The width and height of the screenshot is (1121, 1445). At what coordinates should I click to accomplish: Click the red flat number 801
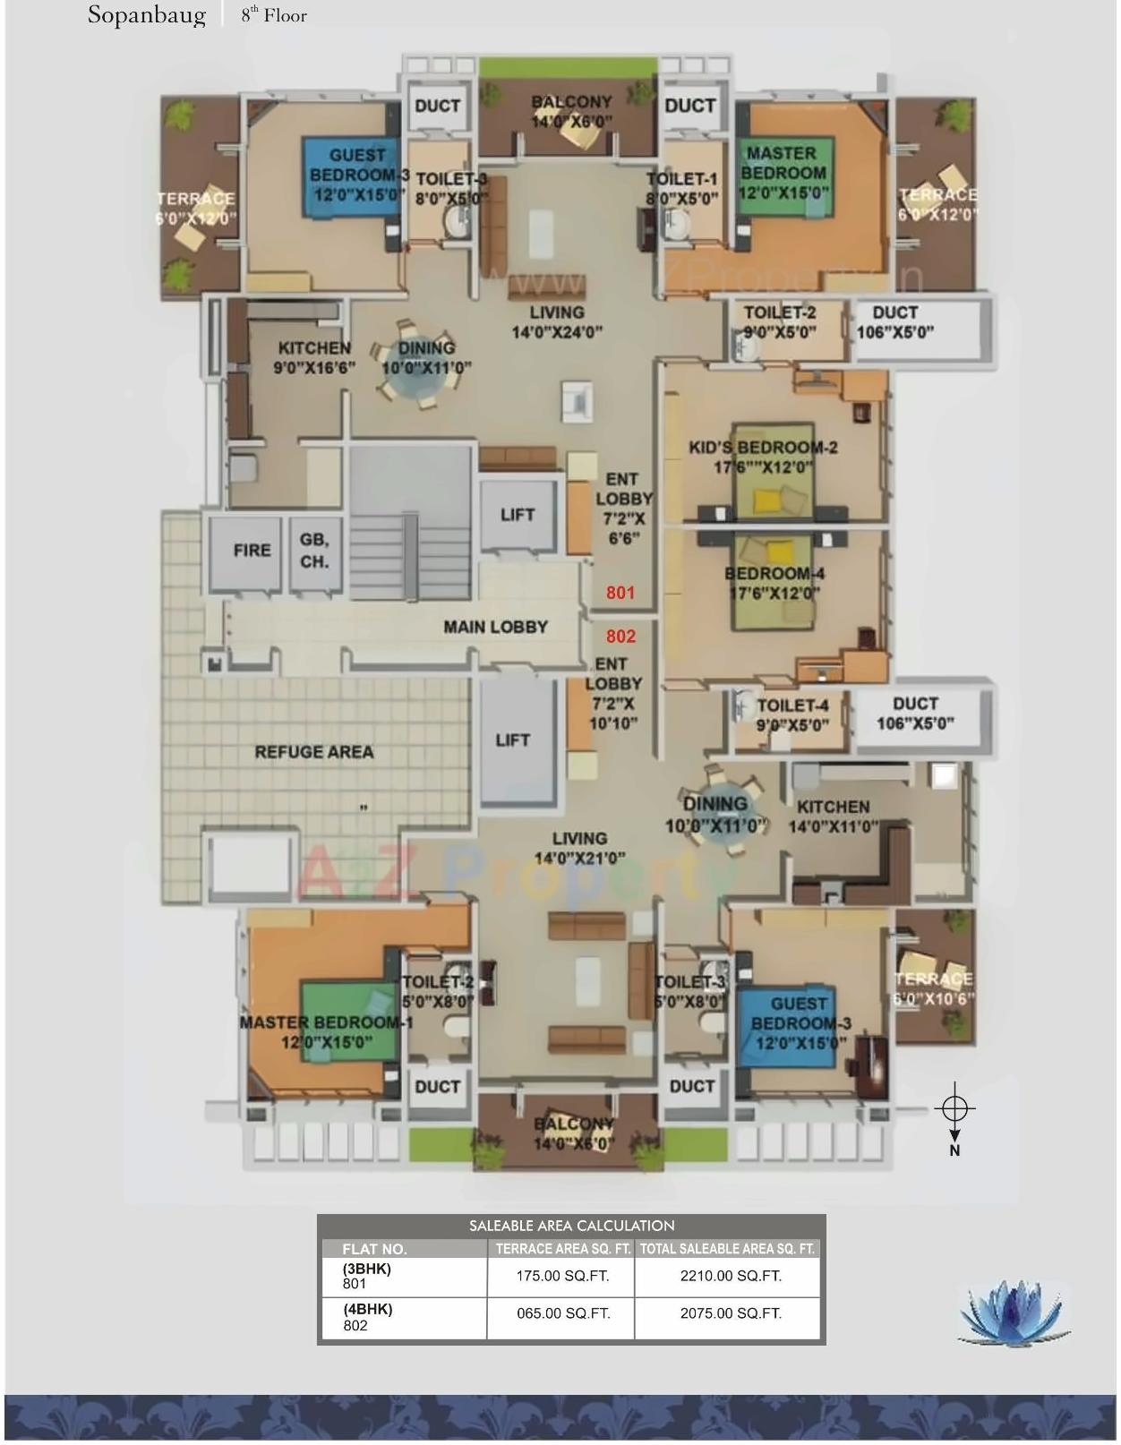click(620, 592)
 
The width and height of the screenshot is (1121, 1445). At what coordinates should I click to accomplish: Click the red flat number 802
click(620, 636)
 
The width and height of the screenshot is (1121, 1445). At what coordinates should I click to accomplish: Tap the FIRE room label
click(252, 550)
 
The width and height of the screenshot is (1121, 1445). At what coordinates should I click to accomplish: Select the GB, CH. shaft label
click(314, 551)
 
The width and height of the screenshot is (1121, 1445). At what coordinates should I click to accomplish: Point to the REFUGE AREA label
click(313, 752)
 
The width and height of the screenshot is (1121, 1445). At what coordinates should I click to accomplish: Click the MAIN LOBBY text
click(495, 627)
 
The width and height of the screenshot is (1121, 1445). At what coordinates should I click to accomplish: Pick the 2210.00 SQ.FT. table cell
click(730, 1276)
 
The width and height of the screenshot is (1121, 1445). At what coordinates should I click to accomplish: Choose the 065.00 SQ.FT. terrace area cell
click(562, 1313)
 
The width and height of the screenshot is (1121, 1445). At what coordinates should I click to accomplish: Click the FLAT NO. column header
click(374, 1249)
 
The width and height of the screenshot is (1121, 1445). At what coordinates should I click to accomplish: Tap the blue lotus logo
click(1014, 1312)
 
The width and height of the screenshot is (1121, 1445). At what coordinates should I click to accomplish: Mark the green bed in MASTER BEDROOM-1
click(345, 1021)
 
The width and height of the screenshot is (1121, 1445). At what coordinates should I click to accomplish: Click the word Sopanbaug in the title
click(146, 15)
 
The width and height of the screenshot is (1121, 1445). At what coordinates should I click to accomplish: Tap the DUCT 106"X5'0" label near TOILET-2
click(894, 321)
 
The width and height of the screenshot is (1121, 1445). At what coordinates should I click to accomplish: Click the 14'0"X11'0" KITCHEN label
click(833, 816)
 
